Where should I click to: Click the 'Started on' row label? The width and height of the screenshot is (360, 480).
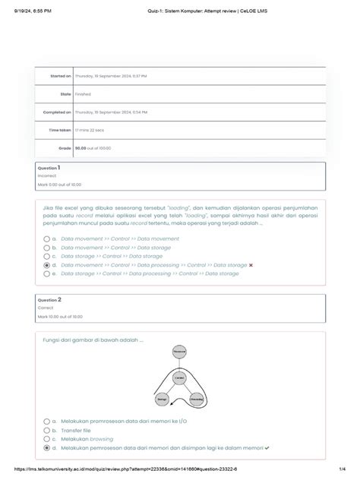62,77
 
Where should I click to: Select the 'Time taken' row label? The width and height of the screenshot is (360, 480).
61,131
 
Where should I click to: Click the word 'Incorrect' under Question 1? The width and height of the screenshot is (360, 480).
48,175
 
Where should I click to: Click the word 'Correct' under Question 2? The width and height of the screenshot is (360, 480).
46,307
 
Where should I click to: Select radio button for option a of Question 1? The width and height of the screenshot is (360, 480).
47,238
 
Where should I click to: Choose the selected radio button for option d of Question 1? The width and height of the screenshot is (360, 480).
47,265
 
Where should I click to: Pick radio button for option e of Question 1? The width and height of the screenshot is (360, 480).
47,273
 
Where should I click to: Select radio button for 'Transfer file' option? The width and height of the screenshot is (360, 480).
47,430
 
